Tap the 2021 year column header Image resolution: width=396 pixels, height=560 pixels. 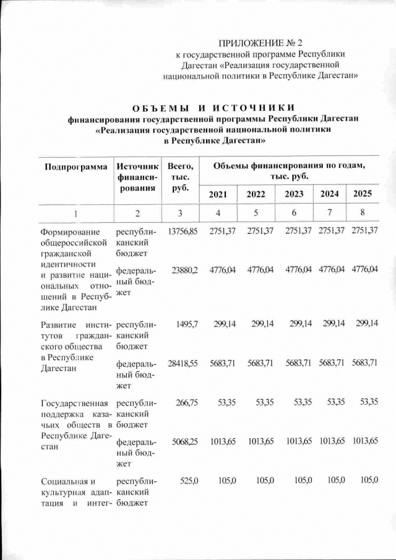click(218, 194)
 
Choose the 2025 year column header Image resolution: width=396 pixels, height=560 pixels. click(362, 194)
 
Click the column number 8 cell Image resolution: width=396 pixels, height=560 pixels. click(362, 213)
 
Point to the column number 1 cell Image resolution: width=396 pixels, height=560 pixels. click(75, 213)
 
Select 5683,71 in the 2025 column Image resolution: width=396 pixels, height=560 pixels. click(364, 363)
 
